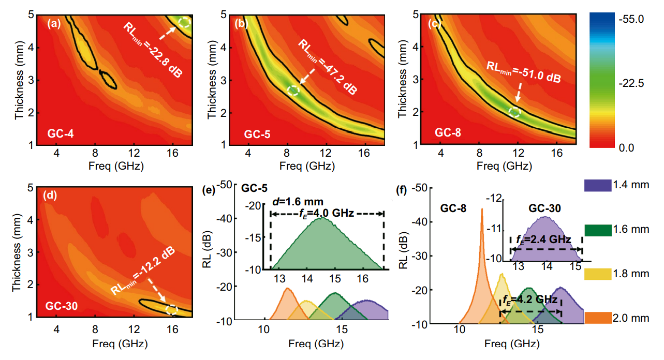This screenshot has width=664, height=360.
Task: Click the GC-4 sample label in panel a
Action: [x=61, y=132]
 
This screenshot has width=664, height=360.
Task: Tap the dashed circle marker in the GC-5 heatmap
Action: [x=293, y=90]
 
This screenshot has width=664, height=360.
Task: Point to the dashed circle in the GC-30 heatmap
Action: [x=172, y=309]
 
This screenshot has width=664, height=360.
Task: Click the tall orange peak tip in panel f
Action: [x=482, y=209]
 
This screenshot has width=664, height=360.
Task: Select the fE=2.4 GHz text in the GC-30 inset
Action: [x=543, y=239]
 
